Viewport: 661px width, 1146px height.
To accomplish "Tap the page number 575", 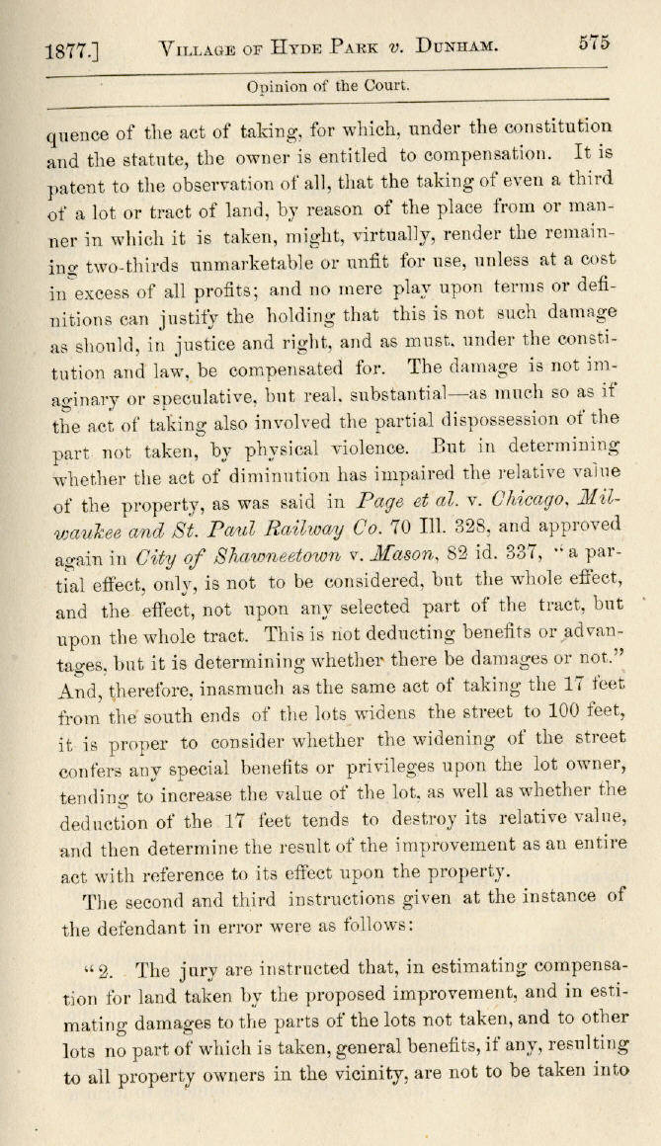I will coord(594,42).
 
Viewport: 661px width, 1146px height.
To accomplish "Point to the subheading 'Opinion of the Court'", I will coord(328,86).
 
